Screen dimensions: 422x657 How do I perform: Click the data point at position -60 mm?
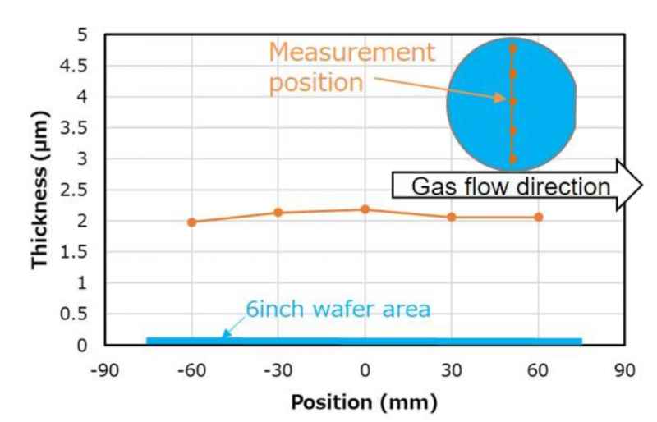191,222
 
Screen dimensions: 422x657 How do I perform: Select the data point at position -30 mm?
278,212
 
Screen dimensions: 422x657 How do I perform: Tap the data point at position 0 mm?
365,209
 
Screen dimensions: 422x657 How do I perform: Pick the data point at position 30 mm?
452,217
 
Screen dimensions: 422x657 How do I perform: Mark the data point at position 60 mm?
539,217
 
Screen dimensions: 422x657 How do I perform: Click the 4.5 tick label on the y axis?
78,67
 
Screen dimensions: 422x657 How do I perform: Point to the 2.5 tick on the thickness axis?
78,190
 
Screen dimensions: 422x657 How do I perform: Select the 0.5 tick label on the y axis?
78,314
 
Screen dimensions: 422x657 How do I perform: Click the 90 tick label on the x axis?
625,370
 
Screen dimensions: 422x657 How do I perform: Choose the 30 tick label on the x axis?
452,370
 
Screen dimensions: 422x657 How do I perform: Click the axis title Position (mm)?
364,403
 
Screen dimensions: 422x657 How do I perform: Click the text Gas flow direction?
510,186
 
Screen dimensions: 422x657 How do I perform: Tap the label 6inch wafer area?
338,310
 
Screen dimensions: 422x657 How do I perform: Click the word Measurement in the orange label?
351,53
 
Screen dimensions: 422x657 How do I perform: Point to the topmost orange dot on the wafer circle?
512,48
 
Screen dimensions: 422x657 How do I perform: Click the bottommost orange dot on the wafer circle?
512,159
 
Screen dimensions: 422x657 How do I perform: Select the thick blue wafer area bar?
364,341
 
